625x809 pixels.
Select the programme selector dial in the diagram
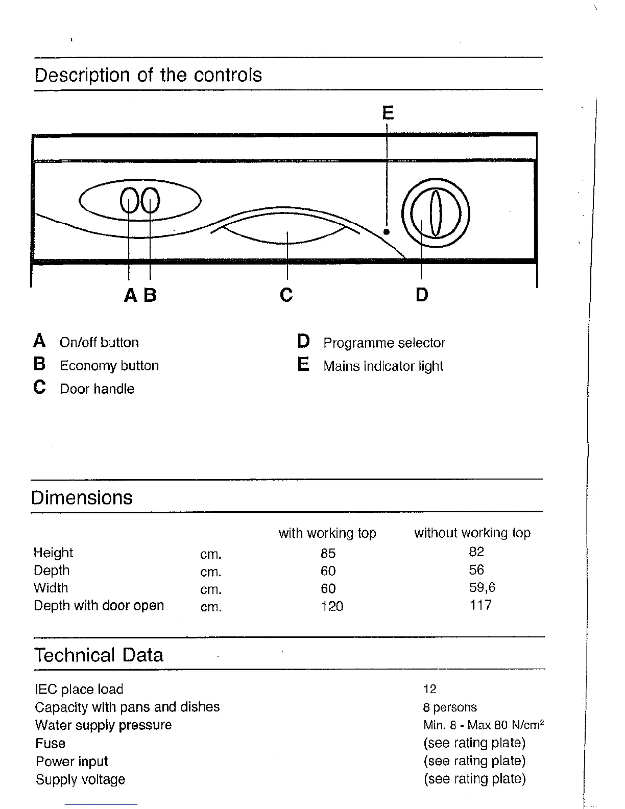435,213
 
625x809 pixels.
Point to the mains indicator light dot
387,231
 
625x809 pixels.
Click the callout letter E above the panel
388,112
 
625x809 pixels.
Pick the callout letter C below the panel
286,295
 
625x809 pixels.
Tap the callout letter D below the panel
422,295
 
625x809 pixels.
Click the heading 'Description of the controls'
148,75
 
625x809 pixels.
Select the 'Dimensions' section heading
82,497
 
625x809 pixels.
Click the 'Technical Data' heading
99,655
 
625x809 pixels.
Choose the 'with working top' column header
327,533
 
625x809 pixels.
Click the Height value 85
328,553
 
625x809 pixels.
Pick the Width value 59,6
482,587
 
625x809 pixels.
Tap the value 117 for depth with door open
480,605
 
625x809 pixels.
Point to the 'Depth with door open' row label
99,606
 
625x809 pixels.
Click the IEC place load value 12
430,689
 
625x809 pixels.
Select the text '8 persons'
450,707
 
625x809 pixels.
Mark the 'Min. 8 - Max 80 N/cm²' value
483,725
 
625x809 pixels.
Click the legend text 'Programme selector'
384,343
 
